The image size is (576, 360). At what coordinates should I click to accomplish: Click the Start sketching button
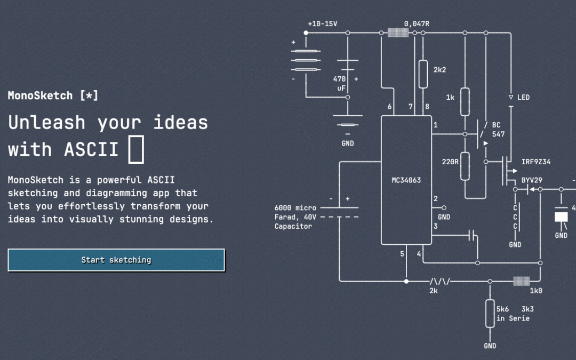(x=116, y=260)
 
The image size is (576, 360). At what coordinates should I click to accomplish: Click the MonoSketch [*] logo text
(x=53, y=95)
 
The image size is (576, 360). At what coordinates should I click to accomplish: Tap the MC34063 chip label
(x=406, y=180)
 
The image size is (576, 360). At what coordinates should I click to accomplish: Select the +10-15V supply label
(x=322, y=24)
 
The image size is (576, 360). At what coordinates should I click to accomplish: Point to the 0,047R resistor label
(x=417, y=24)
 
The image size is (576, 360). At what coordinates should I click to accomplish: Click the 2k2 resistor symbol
(x=423, y=74)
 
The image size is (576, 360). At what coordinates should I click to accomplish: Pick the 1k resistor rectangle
(x=465, y=102)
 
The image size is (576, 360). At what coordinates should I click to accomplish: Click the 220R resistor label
(x=450, y=162)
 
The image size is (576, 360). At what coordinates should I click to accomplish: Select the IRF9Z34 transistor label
(x=536, y=162)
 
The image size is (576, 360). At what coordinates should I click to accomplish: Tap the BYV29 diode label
(x=532, y=180)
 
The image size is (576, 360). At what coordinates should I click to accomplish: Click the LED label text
(x=524, y=98)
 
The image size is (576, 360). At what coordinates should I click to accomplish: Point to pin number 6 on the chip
(x=389, y=107)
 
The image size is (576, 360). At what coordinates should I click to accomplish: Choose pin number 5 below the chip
(x=402, y=253)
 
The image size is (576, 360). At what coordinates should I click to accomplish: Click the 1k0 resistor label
(x=535, y=291)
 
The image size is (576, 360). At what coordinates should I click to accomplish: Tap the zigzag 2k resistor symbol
(x=439, y=282)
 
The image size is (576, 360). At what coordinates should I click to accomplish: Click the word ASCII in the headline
(x=91, y=149)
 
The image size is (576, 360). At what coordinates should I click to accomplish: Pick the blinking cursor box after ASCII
(x=136, y=149)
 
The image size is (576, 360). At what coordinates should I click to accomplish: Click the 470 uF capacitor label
(x=339, y=83)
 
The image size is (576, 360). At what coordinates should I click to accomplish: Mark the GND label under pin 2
(x=444, y=217)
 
